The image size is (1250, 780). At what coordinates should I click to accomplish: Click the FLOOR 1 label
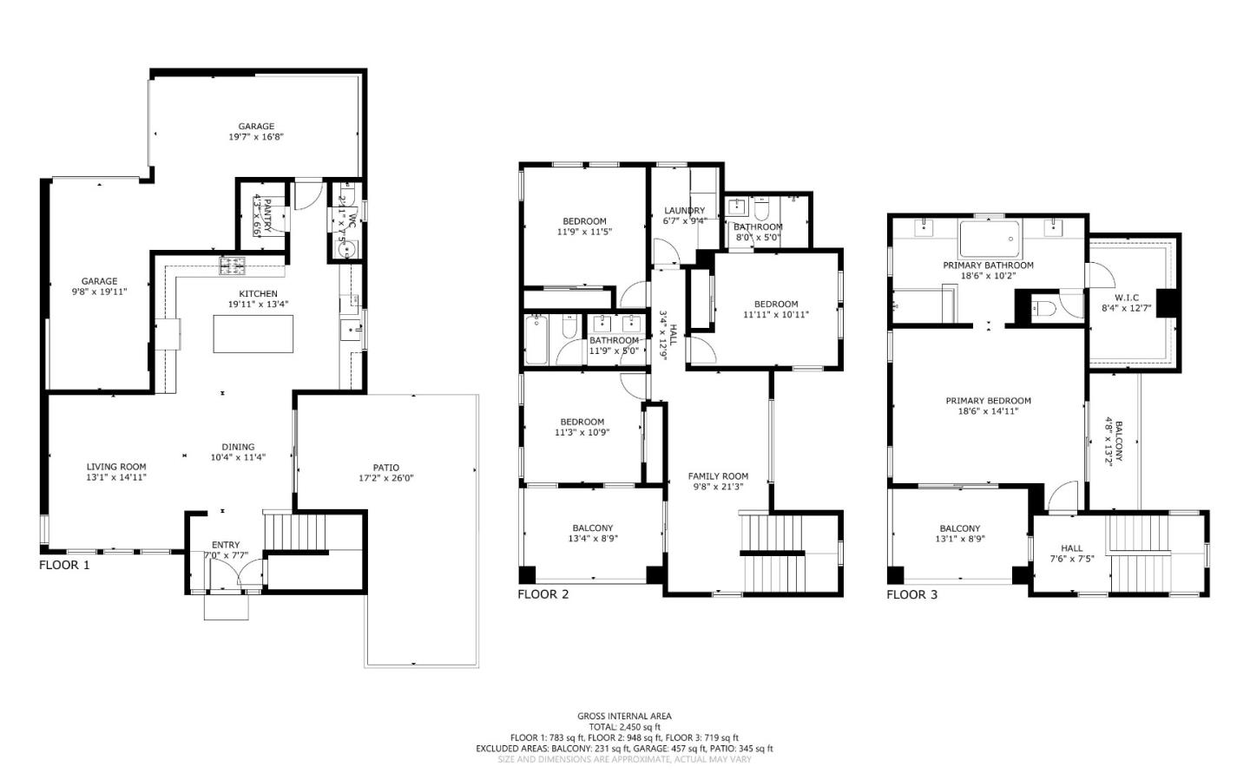pyautogui.click(x=64, y=565)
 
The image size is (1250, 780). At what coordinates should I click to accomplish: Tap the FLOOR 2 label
pyautogui.click(x=543, y=594)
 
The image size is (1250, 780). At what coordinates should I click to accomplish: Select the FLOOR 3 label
pyautogui.click(x=911, y=594)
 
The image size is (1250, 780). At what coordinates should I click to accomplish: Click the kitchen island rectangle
pyautogui.click(x=253, y=334)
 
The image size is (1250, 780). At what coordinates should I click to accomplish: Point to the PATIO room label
pyautogui.click(x=386, y=468)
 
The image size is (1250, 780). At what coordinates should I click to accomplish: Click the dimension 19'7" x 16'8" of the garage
pyautogui.click(x=256, y=137)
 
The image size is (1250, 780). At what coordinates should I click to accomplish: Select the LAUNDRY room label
pyautogui.click(x=684, y=210)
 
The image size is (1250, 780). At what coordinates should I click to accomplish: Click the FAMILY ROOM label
pyautogui.click(x=718, y=476)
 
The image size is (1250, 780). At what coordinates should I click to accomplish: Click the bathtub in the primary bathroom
pyautogui.click(x=990, y=236)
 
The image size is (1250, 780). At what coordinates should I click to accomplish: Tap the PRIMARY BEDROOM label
pyautogui.click(x=988, y=401)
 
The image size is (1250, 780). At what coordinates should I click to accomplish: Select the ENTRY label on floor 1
pyautogui.click(x=226, y=545)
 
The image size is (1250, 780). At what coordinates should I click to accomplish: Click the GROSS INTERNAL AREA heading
pyautogui.click(x=624, y=716)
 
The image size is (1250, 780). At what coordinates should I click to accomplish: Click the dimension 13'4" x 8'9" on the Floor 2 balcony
pyautogui.click(x=592, y=539)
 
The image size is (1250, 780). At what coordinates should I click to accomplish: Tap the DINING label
pyautogui.click(x=238, y=447)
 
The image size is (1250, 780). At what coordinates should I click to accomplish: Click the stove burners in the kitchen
pyautogui.click(x=232, y=264)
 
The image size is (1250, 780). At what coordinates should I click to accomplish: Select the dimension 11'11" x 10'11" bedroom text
pyautogui.click(x=775, y=315)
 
